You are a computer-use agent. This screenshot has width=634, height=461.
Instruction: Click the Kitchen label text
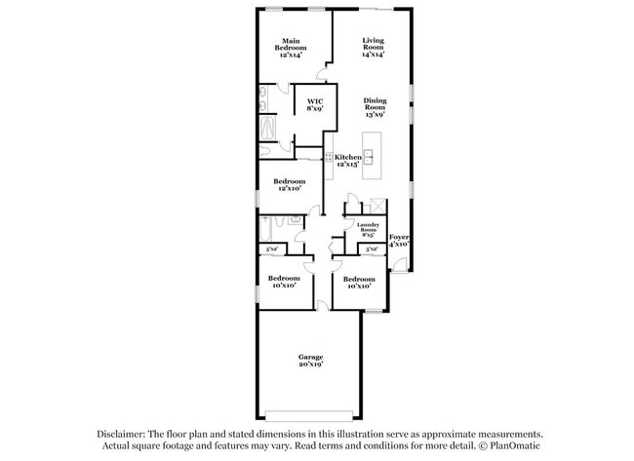[348, 157]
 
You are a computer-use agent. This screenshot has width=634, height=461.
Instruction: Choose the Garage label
[310, 358]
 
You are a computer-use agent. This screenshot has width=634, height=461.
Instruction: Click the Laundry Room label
[368, 228]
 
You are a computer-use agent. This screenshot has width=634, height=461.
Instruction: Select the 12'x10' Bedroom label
[288, 184]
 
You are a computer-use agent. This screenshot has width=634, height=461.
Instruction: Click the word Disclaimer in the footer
[120, 435]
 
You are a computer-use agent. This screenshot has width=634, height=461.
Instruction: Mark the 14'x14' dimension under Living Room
[373, 55]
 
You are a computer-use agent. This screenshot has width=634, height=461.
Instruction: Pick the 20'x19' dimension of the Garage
[310, 365]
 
